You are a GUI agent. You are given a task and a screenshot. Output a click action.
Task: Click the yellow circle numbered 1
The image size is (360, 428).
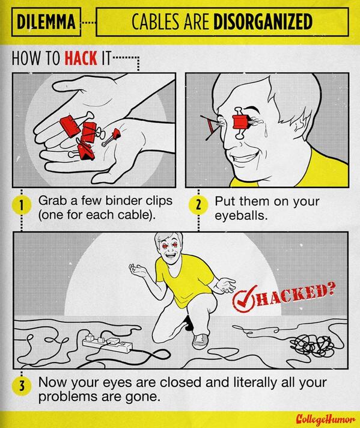[22, 206]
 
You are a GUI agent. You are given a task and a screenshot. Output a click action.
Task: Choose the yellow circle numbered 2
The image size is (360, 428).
[198, 206]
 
